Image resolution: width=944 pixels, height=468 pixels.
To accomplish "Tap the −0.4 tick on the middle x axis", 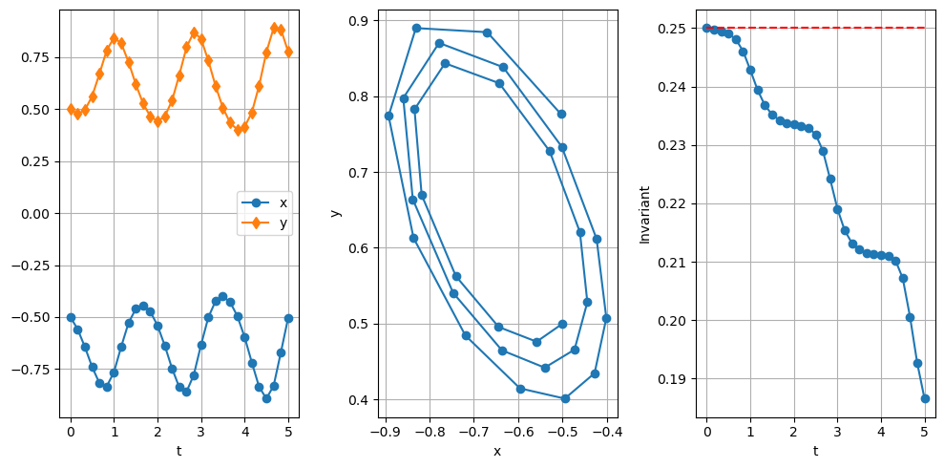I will [606, 431].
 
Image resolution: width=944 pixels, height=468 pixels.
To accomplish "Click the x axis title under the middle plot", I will [497, 451].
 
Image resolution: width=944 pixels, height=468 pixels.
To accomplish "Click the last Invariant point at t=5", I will [925, 398].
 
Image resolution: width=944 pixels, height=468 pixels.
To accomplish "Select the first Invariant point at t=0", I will [706, 28].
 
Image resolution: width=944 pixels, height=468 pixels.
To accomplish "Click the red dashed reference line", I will [821, 28].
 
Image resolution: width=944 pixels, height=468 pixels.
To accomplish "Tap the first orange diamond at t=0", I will [71, 109].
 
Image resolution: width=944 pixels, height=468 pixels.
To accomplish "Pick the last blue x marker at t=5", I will [288, 318].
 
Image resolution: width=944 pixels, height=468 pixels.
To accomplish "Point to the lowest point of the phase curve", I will [565, 398].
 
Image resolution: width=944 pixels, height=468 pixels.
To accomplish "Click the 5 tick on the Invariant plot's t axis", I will [925, 431].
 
